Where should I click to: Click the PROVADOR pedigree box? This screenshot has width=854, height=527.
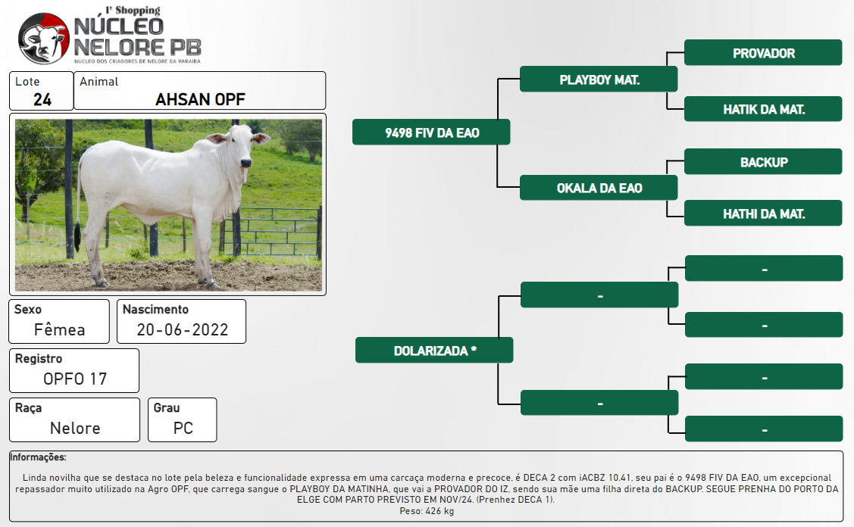(763, 53)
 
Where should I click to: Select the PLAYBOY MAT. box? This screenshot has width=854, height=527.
(599, 80)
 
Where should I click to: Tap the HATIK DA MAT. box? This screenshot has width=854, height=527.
(763, 109)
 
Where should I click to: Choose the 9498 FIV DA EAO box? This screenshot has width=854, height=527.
(431, 133)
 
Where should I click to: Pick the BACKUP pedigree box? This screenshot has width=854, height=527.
(763, 162)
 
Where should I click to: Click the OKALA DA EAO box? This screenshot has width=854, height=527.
(599, 188)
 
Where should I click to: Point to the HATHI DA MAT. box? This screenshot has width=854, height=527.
(763, 214)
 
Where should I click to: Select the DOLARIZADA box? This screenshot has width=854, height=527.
(434, 350)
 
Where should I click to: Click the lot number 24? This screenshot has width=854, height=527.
(42, 100)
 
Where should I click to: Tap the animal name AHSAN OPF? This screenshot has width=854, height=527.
(200, 100)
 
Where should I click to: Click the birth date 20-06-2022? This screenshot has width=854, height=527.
(182, 330)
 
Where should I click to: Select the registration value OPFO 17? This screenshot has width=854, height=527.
(75, 379)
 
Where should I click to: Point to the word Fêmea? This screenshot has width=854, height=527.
(59, 330)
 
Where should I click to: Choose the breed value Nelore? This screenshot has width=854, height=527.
(75, 429)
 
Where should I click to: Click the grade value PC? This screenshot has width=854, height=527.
(183, 429)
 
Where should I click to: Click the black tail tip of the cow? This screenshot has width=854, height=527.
(77, 233)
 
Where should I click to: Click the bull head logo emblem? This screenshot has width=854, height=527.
(44, 38)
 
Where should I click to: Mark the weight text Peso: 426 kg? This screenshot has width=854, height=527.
(427, 511)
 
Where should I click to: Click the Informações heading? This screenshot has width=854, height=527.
(38, 457)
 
